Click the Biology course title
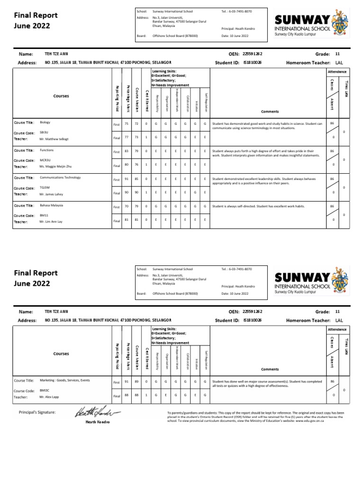point(45,122)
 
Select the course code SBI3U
point(44,133)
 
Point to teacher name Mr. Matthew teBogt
point(55,139)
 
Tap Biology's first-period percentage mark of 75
point(127,124)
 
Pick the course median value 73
point(136,137)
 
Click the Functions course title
point(47,150)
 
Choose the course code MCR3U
point(45,160)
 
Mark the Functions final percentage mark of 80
point(127,165)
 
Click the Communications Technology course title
point(60,178)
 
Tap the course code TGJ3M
point(45,188)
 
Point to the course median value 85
point(136,179)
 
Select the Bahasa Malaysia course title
point(52,206)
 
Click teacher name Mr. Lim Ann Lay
point(52,222)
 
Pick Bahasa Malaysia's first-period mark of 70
point(127,207)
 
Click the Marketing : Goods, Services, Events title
point(64,380)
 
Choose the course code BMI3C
point(45,391)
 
